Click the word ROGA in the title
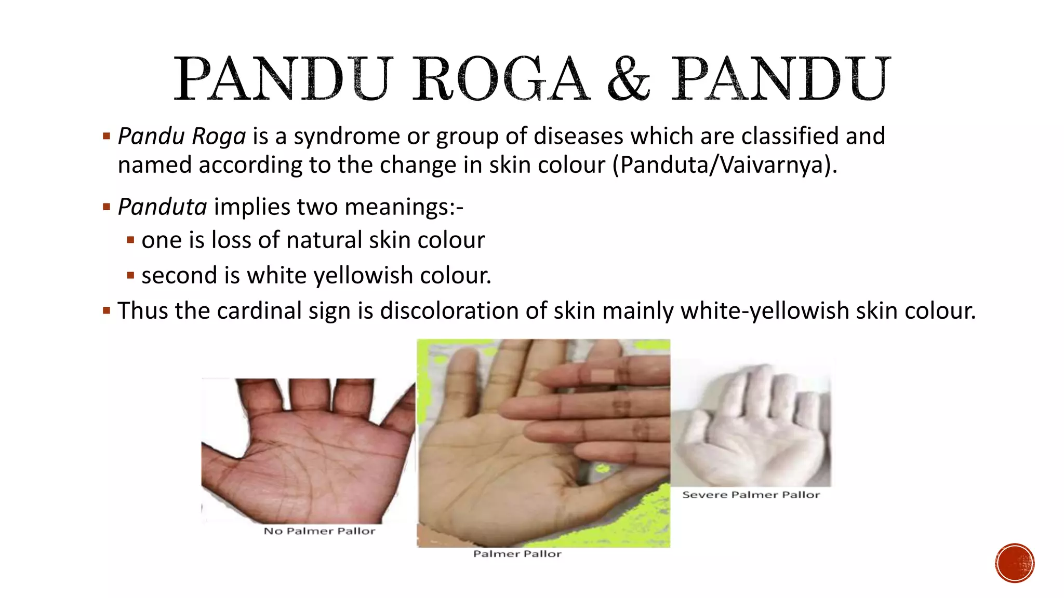[x=501, y=79]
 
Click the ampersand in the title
[x=629, y=79]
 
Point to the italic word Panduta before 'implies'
[x=162, y=207]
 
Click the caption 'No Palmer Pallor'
[x=319, y=531]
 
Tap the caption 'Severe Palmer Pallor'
[x=751, y=495]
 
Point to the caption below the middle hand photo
[x=517, y=554]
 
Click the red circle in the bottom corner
[x=1015, y=563]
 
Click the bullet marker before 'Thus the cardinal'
[x=107, y=311]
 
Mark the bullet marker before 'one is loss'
[x=130, y=240]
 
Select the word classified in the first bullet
[x=790, y=137]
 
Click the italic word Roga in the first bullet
[x=218, y=137]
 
